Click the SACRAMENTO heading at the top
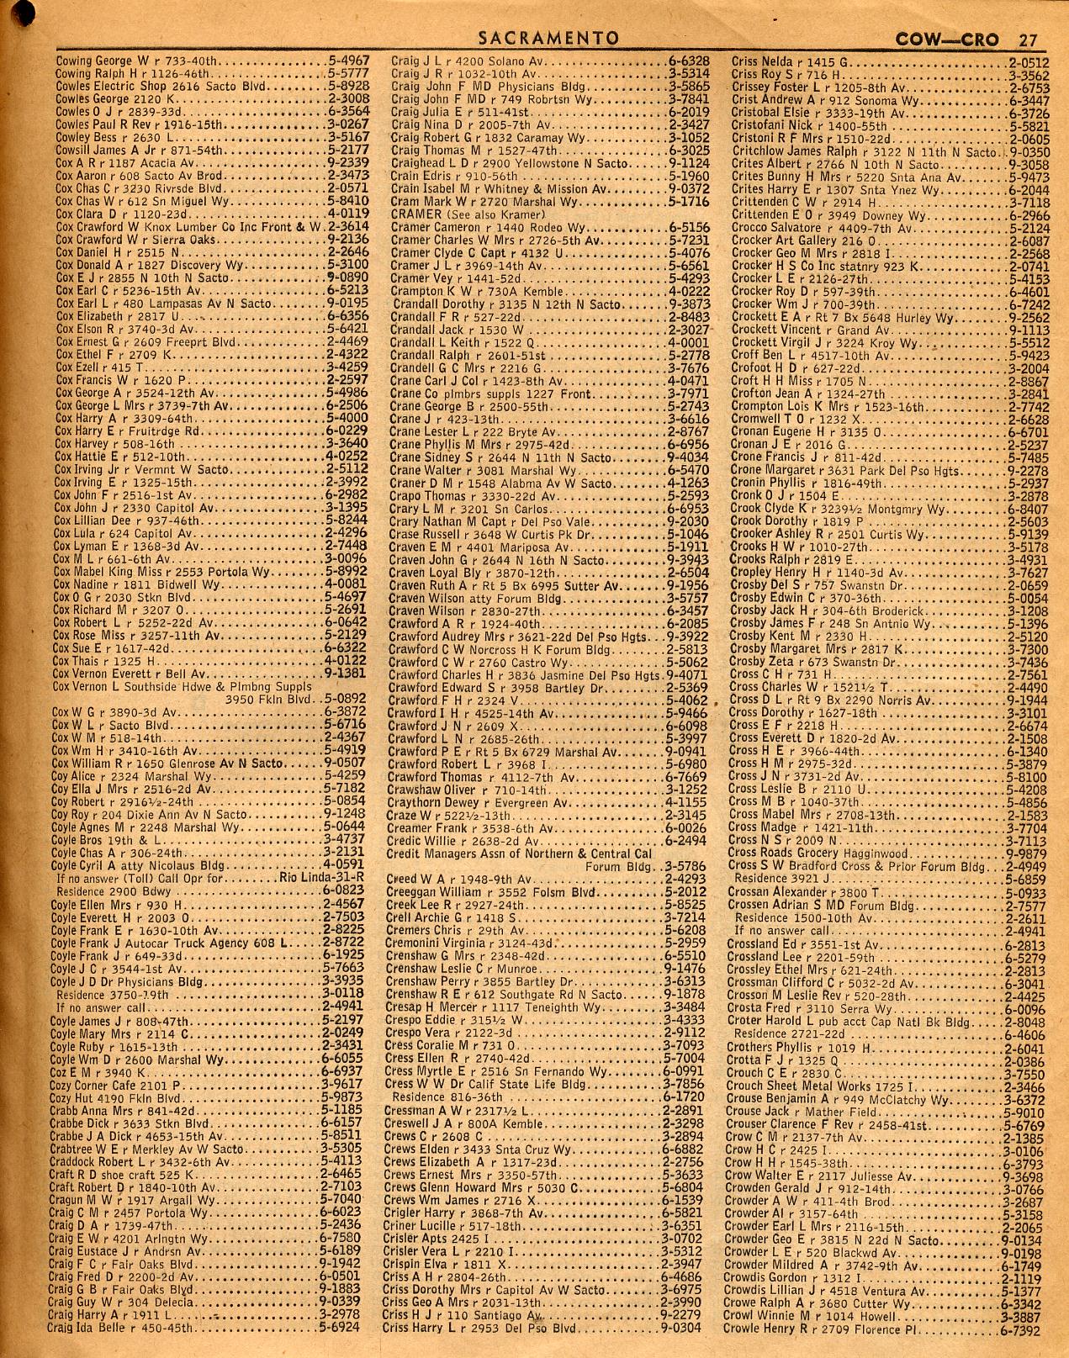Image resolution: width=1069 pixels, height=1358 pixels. (548, 39)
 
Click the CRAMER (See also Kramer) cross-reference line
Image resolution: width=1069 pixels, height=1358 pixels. (458, 214)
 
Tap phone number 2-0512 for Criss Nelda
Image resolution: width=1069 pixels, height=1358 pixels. (1028, 61)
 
